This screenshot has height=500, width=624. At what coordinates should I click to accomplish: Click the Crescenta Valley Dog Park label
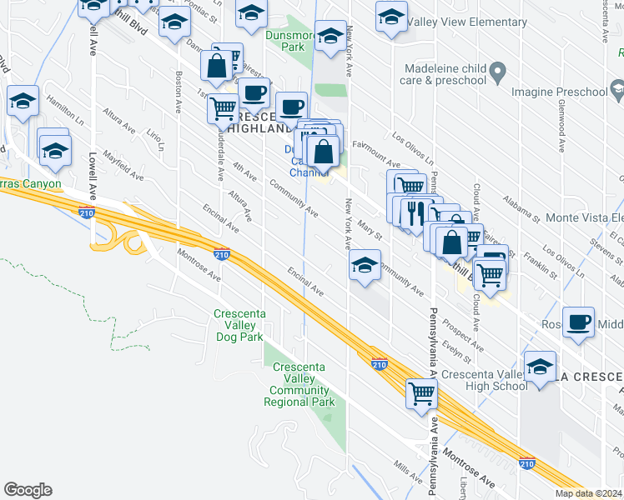pos(239,325)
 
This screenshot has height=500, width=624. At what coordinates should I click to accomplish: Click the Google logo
pos(28,490)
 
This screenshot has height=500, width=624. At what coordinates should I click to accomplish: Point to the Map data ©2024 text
pos(589,493)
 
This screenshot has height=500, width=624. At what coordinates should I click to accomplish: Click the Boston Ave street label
pos(178,92)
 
